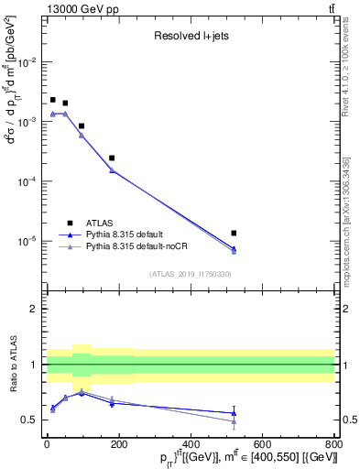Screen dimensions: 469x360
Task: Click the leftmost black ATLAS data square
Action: tap(53, 100)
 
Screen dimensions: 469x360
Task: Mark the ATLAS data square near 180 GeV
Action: tap(112, 158)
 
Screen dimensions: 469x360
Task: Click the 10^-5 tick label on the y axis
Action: tap(27, 241)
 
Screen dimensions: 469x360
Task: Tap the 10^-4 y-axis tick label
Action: tap(27, 181)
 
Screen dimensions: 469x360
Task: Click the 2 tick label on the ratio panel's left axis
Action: tap(35, 309)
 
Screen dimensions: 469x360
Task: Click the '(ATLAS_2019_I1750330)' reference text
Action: tap(191, 274)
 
